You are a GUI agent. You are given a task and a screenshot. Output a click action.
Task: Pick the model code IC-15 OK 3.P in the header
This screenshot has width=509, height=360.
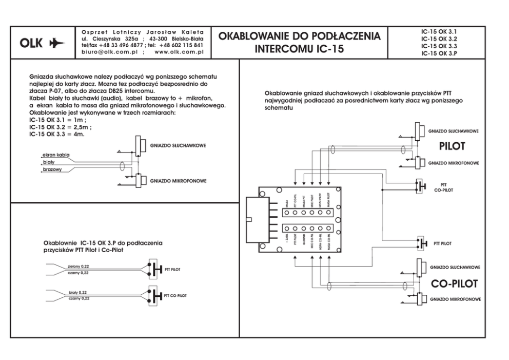439,53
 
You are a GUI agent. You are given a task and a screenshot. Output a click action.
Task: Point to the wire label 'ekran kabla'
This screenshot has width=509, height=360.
56,155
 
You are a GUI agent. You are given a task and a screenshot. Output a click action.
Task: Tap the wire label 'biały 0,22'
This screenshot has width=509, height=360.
79,293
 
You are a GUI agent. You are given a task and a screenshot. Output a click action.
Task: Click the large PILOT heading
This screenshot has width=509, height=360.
452,146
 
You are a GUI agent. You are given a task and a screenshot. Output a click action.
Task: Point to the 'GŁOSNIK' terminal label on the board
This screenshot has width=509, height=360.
303,241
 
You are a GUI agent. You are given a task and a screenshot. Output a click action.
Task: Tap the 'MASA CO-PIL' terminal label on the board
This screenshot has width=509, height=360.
329,242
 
